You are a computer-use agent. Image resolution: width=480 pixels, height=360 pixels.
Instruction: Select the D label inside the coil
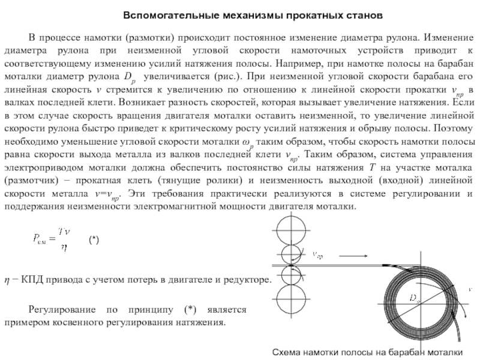414,297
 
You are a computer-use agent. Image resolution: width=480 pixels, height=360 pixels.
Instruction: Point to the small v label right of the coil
470,289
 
